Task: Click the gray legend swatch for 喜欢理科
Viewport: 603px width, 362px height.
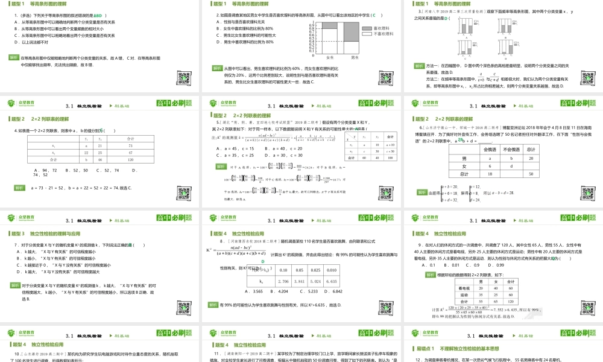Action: (x=367, y=28)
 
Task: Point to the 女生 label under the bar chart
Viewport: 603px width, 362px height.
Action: (x=330, y=57)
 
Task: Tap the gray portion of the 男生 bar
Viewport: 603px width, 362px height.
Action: (x=354, y=34)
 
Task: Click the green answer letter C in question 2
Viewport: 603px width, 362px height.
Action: (x=374, y=15)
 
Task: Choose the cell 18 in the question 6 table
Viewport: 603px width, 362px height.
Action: (x=490, y=174)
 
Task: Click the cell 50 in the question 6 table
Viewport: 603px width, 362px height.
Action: (x=532, y=174)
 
